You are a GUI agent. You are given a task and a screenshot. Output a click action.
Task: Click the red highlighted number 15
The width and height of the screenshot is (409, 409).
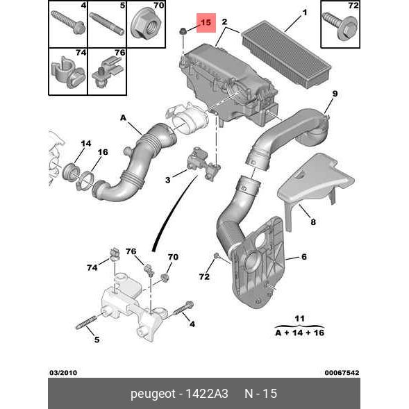(206, 22)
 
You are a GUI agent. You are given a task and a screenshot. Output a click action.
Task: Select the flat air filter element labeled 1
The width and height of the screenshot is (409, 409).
(286, 55)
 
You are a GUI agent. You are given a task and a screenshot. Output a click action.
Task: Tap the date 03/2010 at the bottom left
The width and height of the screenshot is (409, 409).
(63, 372)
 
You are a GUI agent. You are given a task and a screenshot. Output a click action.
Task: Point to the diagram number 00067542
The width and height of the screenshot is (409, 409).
(342, 372)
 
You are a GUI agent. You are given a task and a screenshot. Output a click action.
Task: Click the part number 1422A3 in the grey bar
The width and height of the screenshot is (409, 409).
(207, 393)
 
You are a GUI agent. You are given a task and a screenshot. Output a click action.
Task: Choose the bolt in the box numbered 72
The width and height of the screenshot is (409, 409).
(340, 26)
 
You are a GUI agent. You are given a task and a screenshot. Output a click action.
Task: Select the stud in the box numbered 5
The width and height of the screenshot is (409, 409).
(107, 24)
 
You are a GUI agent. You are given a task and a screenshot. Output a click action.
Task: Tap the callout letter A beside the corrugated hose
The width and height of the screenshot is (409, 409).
(123, 118)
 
